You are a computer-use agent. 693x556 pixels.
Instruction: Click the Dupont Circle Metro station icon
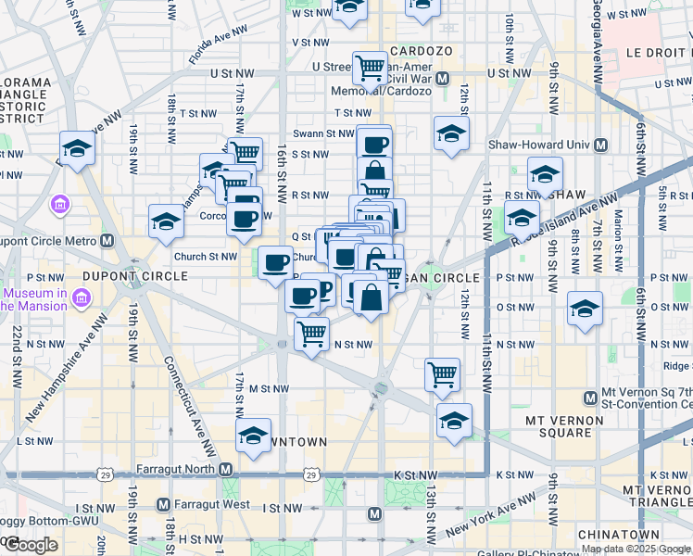pos(107,241)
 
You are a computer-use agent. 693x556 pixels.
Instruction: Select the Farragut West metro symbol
pos(163,505)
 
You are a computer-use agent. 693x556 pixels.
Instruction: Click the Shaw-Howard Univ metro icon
pos(600,145)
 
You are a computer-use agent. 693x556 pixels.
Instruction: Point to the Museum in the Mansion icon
pos(81,299)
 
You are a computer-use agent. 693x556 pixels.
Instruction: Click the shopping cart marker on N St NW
pos(312,333)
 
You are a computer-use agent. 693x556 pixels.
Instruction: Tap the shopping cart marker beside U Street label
pos(370,67)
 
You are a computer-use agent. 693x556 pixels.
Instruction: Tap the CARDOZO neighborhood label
pos(422,50)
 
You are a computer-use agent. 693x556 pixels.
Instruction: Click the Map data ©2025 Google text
pos(635,549)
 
